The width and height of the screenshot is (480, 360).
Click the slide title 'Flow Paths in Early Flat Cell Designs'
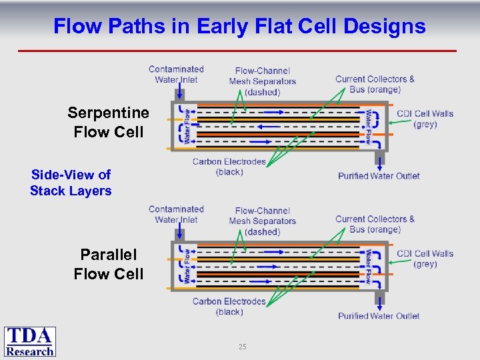point(239,26)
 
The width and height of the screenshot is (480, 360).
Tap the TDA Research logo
point(30,341)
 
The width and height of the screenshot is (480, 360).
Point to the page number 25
point(242,347)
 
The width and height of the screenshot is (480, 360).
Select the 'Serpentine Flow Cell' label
point(108,122)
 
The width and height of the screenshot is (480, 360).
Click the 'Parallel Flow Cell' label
point(108,264)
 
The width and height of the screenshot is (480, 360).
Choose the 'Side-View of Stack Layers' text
point(71,183)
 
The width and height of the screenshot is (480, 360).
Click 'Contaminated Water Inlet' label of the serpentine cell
point(176,74)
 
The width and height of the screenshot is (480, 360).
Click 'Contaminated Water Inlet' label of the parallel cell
point(176,214)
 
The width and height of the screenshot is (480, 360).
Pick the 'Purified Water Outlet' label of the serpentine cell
point(379,176)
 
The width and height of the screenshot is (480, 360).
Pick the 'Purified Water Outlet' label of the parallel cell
point(379,316)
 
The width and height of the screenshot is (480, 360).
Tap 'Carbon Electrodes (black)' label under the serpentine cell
point(229,167)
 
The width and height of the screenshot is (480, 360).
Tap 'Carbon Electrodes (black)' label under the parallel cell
point(229,307)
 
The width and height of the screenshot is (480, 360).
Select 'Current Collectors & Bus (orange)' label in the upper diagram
point(375,84)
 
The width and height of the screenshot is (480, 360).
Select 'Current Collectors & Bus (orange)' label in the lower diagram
point(375,224)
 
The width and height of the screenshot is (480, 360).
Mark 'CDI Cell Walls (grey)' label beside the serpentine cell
point(425,119)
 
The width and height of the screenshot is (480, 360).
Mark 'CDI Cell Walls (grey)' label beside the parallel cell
point(425,259)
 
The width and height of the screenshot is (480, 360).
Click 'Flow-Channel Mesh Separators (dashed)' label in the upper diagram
point(262,81)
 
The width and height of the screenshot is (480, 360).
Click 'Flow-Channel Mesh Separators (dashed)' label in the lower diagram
point(262,221)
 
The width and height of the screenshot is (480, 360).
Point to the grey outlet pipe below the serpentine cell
point(379,159)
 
